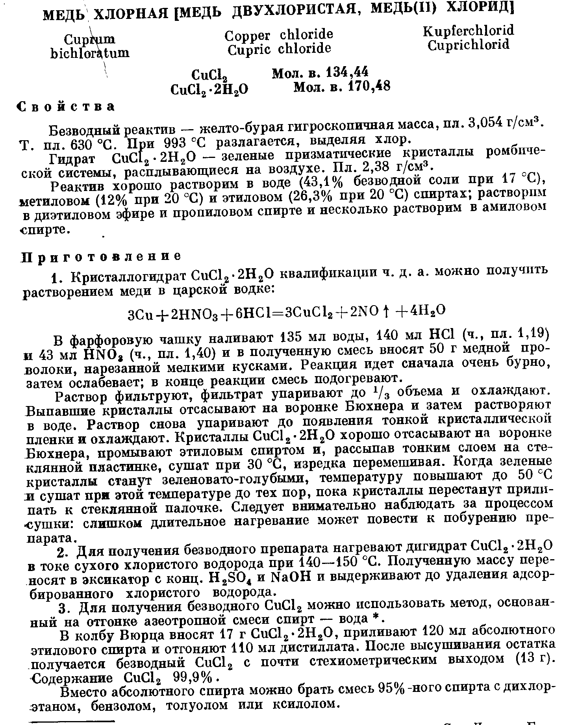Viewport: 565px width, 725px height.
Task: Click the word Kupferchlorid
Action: point(469,31)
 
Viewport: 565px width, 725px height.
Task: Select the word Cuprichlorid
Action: point(469,45)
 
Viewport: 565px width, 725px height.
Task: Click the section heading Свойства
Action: point(67,106)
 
